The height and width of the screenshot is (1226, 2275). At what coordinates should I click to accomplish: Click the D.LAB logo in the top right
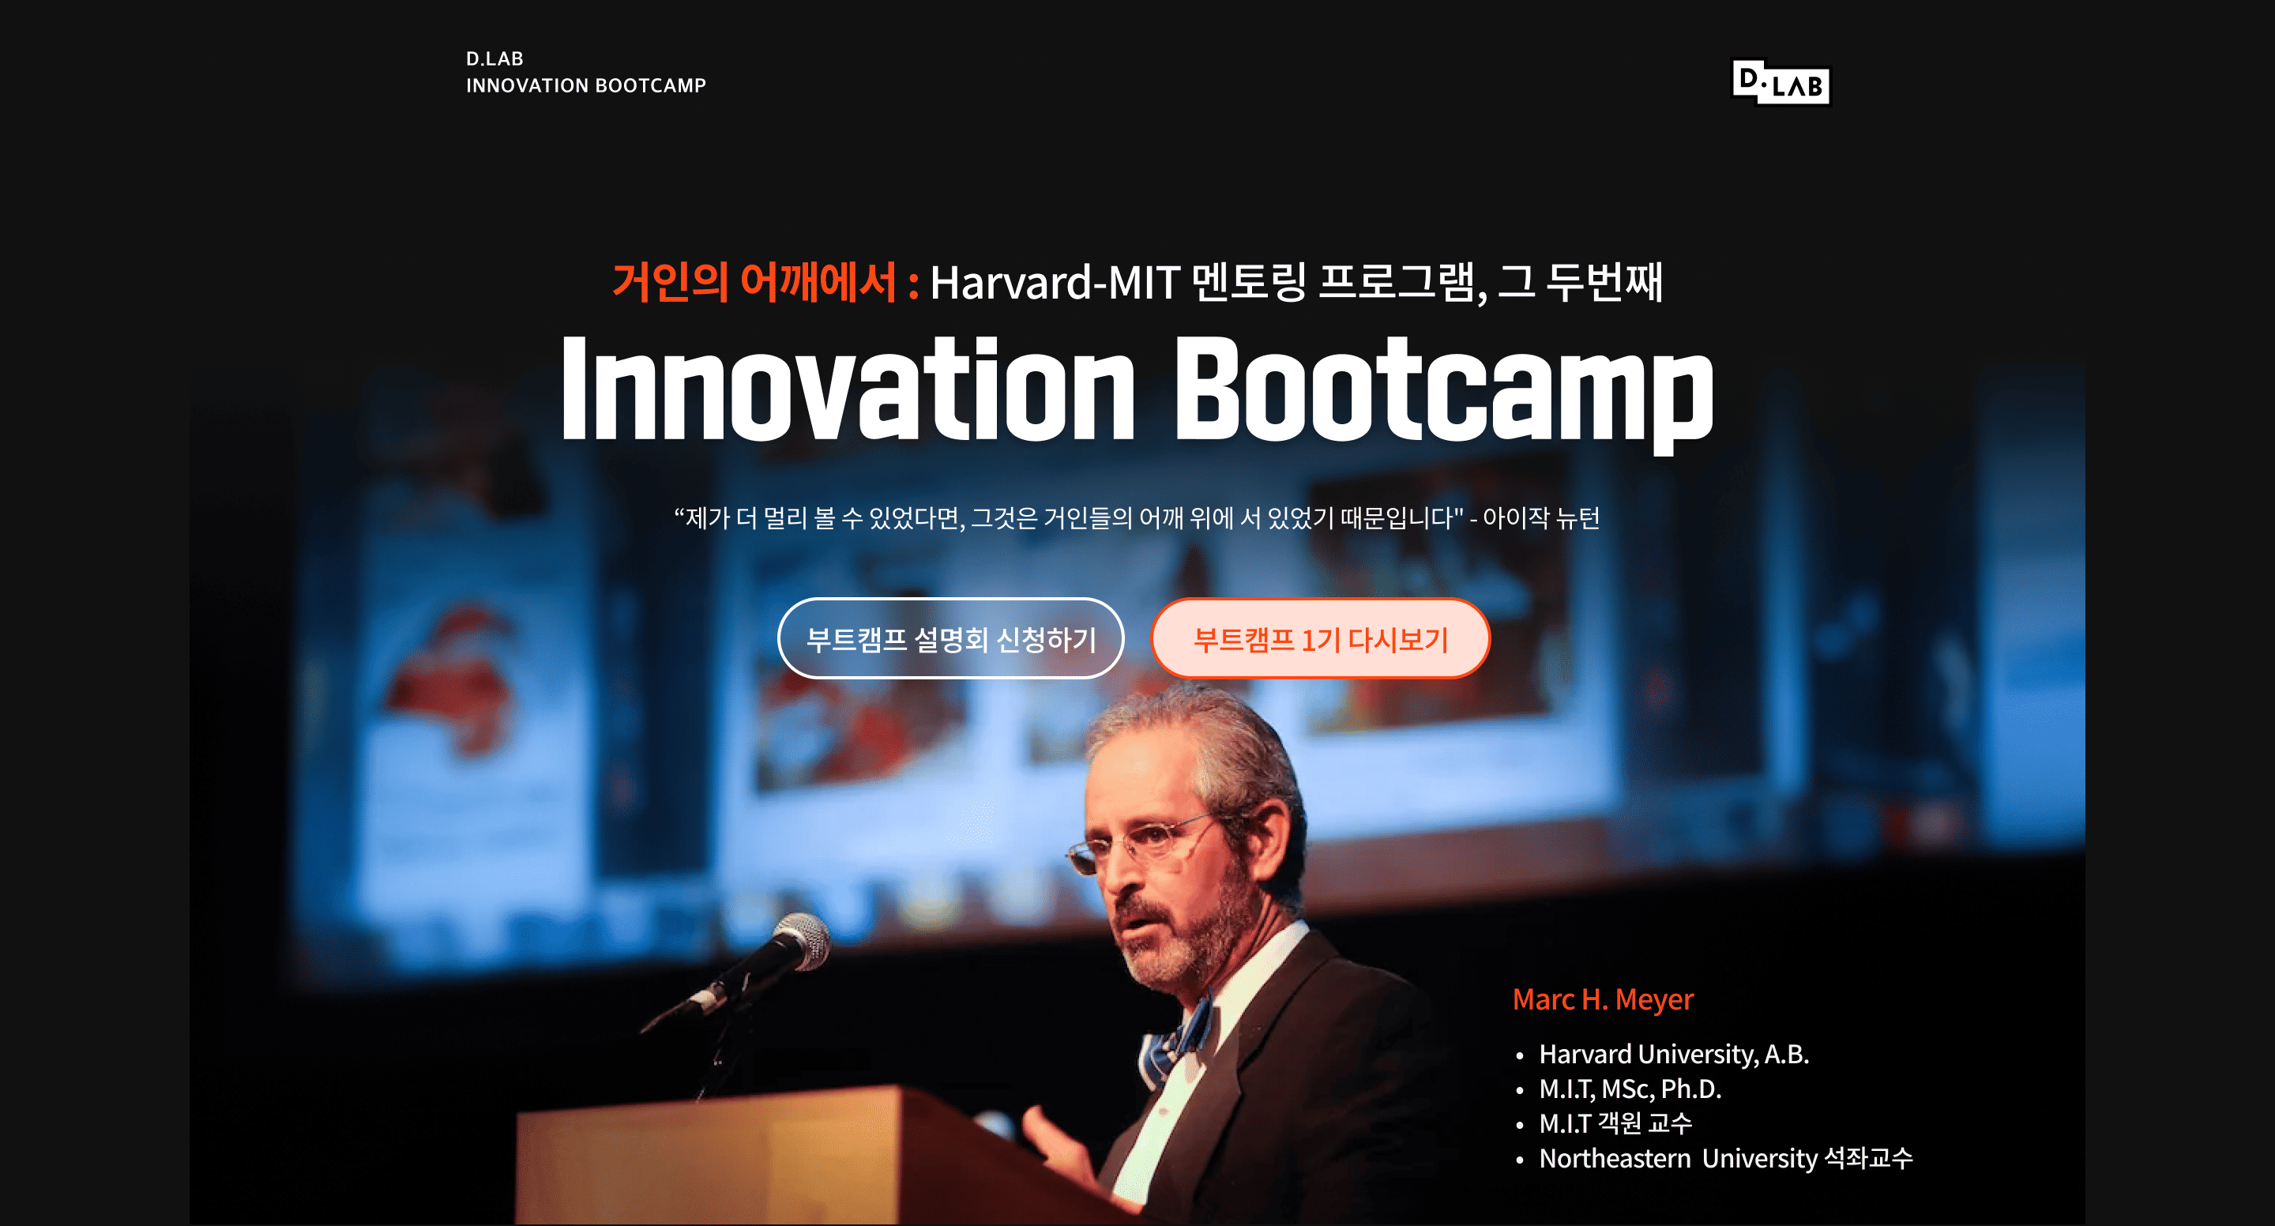[1781, 83]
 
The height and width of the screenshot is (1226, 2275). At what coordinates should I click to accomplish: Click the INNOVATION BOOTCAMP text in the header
[585, 85]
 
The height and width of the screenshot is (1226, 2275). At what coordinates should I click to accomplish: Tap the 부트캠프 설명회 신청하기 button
[950, 638]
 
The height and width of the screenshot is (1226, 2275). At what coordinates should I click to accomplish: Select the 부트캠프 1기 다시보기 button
[1320, 638]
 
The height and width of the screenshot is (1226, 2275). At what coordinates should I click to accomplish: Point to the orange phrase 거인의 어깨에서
[755, 283]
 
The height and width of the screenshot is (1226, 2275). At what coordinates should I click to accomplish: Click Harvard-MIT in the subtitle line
[1055, 284]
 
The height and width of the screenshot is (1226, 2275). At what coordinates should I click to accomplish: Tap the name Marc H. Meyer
[1603, 999]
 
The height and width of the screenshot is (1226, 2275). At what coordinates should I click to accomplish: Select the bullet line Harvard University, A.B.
[1674, 1054]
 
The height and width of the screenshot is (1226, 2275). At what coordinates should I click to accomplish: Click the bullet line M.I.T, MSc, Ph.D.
[1630, 1089]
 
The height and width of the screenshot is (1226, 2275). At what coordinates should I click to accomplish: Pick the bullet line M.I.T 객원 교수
[1615, 1123]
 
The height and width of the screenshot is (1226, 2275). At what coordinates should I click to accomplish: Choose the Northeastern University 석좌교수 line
[1726, 1158]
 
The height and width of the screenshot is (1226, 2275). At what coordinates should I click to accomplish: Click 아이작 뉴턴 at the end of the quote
[1541, 517]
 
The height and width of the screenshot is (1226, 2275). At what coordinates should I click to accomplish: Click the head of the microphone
[802, 942]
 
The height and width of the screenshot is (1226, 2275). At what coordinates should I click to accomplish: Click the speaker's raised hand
[1060, 1149]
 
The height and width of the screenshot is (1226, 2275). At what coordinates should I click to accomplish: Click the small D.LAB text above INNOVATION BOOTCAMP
[494, 58]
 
